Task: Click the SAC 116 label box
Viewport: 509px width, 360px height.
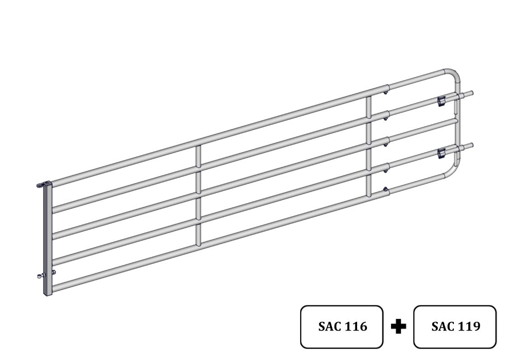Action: tap(341, 327)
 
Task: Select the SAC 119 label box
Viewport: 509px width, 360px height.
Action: tap(455, 327)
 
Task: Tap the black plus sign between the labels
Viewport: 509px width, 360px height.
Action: tap(398, 326)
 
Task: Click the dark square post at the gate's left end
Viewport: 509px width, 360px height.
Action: tap(48, 239)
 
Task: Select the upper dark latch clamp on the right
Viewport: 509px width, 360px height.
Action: tap(441, 101)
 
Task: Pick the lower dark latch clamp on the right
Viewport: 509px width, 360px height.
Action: tap(441, 153)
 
